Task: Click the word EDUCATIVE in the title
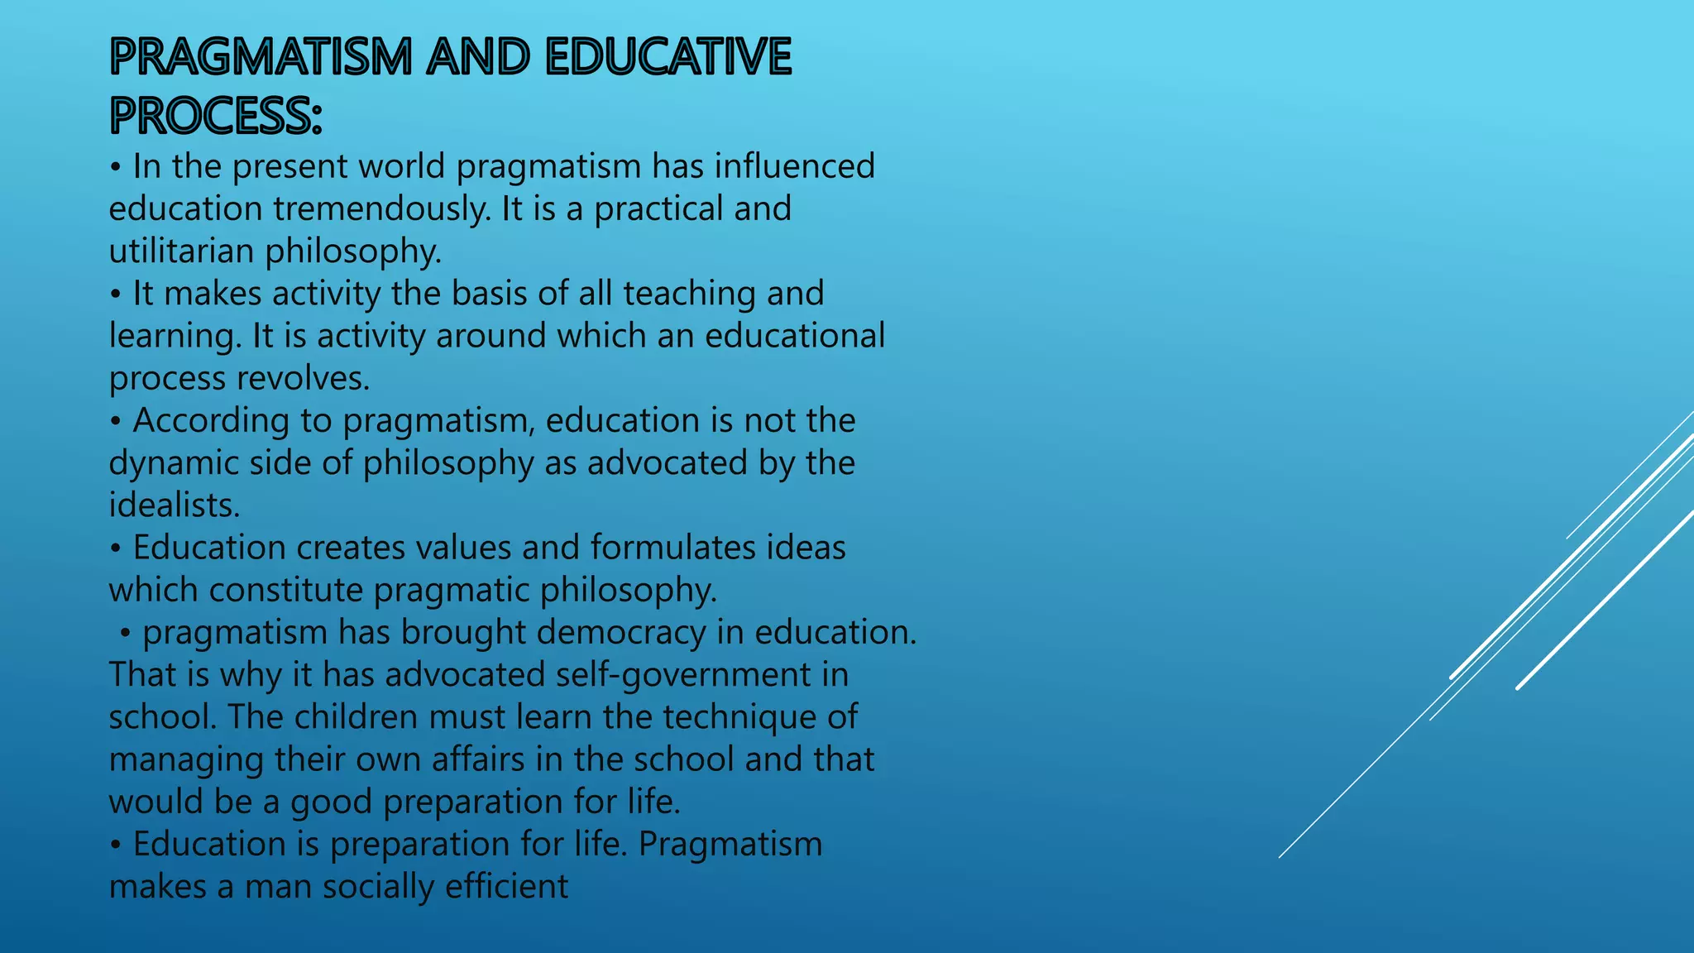pyautogui.click(x=668, y=57)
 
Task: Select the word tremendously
pyautogui.click(x=381, y=208)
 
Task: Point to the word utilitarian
pyautogui.click(x=181, y=251)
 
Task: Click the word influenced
pyautogui.click(x=794, y=166)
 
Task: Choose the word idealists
pyautogui.click(x=174, y=505)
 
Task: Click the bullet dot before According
pyautogui.click(x=116, y=421)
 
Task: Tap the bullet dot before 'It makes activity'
pyautogui.click(x=116, y=295)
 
